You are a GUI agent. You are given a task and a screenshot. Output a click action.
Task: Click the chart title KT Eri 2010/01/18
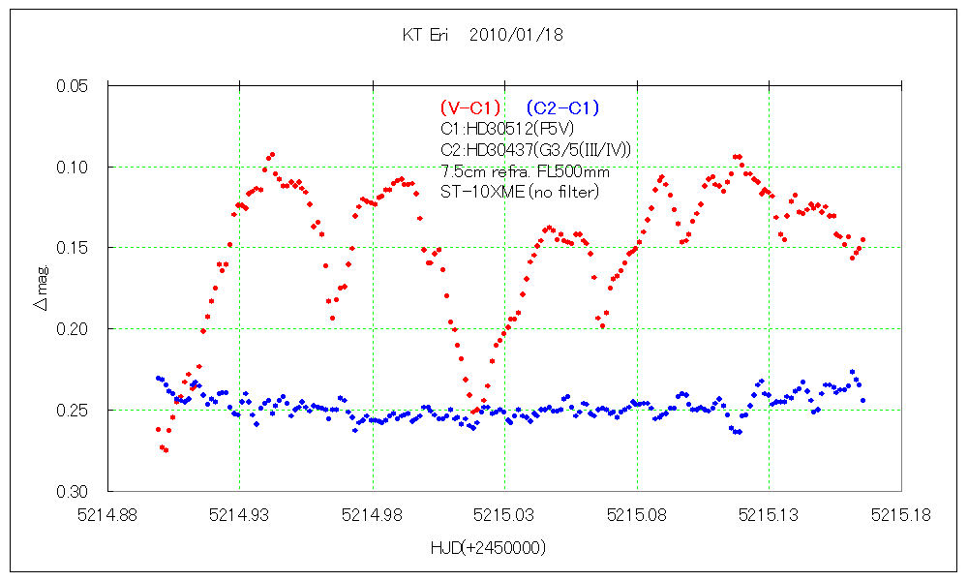coord(482,35)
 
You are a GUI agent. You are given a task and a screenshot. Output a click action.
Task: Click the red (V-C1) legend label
coord(470,107)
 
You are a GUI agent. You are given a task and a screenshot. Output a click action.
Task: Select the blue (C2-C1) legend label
coord(563,107)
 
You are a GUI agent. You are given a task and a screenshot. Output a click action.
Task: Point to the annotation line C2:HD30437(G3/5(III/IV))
coord(535,150)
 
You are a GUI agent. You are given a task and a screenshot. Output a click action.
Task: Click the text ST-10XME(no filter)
coord(520,192)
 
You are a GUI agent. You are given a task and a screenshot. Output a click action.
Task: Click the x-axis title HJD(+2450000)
coord(488,548)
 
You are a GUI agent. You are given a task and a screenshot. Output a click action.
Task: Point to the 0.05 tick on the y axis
coord(75,86)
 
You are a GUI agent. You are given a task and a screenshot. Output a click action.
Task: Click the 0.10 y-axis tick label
coord(75,168)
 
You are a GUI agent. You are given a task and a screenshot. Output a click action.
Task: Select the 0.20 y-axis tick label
coord(75,329)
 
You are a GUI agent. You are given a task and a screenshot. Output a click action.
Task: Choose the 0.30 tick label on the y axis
coord(75,492)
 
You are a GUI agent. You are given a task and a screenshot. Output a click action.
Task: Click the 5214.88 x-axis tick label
coord(107,515)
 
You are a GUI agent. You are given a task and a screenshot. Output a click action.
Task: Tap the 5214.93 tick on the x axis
coord(240,515)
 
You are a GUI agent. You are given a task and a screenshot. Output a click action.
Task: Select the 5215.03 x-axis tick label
coord(505,515)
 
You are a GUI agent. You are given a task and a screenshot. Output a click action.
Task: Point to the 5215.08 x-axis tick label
coord(637,515)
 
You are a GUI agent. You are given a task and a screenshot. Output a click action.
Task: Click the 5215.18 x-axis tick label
coord(901,515)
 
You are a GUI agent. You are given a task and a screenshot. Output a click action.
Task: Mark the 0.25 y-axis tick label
coord(75,411)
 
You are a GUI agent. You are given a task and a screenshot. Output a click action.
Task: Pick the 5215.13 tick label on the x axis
coord(770,515)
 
